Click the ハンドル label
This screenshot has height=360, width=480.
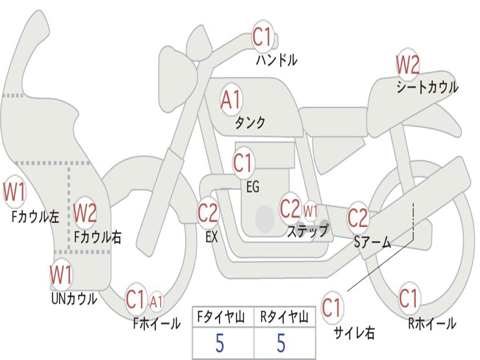coord(277,60)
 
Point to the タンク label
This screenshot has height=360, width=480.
coord(250,123)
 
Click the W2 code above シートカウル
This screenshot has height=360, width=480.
coord(407,65)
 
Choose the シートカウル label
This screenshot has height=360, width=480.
coord(427,87)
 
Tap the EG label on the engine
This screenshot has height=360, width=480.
coord(252,187)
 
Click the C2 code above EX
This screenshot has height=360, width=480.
coord(208,213)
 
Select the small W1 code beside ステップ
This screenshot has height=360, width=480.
coord(310,211)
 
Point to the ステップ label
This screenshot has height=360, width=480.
coord(307,231)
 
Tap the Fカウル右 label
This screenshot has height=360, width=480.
coord(98,237)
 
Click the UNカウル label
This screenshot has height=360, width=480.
coord(74,298)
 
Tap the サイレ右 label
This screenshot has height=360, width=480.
coord(354,333)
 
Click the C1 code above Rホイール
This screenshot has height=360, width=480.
coord(408,299)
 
